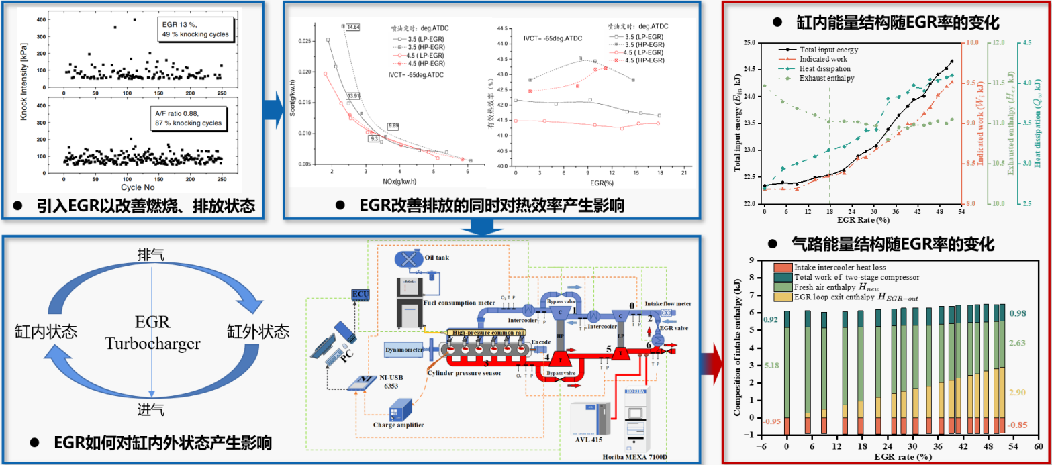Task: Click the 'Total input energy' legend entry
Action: tap(830, 50)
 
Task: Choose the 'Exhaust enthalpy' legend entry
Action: tap(826, 79)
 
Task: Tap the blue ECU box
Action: tap(360, 294)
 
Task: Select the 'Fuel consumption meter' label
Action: tap(463, 303)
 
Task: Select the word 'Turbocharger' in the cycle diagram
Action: tap(152, 344)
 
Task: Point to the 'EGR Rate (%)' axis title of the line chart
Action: tap(863, 219)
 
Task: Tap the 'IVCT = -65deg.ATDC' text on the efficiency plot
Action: tap(553, 38)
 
